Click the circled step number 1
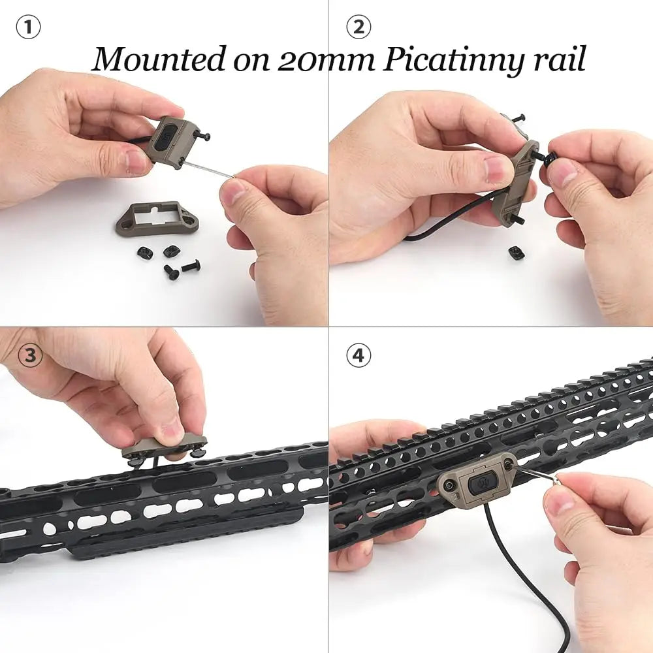coord(28,27)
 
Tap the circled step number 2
coord(358,27)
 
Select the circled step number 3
coord(29,355)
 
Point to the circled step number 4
coord(358,356)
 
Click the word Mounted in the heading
coord(159,59)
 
